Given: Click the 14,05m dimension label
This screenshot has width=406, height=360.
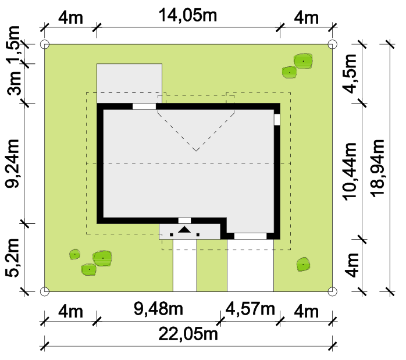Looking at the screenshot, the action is coord(188,16).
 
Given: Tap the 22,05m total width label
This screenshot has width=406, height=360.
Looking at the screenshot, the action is coord(188,334).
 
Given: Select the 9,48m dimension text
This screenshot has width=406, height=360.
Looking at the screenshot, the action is coord(158,309).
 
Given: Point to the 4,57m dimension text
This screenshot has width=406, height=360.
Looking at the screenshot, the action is coord(250,309).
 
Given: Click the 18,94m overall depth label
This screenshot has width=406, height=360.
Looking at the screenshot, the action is coord(377,168).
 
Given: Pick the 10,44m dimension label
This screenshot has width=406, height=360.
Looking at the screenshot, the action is coord(350,172).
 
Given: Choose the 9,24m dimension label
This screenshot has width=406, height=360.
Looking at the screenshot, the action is coord(12,163).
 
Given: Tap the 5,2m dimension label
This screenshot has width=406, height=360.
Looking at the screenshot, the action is coord(12,258).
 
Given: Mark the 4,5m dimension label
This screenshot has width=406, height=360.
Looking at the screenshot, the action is coord(350,74).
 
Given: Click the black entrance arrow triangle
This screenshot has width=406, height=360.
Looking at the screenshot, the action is coord(184,230).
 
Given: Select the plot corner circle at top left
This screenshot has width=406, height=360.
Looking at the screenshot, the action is coord(45,44).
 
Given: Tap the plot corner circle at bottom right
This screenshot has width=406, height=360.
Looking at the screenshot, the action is coord(332,291).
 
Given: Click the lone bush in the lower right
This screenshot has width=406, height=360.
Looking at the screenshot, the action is coord(303,264).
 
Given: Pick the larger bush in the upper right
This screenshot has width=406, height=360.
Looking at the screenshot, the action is coord(303,61).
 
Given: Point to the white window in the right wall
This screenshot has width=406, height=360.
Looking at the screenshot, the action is coord(277,120).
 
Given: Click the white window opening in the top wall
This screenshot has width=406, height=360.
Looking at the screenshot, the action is coord(144,106).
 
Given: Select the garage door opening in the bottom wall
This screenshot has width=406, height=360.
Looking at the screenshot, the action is coord(250,236).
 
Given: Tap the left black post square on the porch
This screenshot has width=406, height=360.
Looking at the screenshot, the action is coord(172,235).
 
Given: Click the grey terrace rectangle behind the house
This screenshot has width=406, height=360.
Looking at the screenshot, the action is coord(130,83).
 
